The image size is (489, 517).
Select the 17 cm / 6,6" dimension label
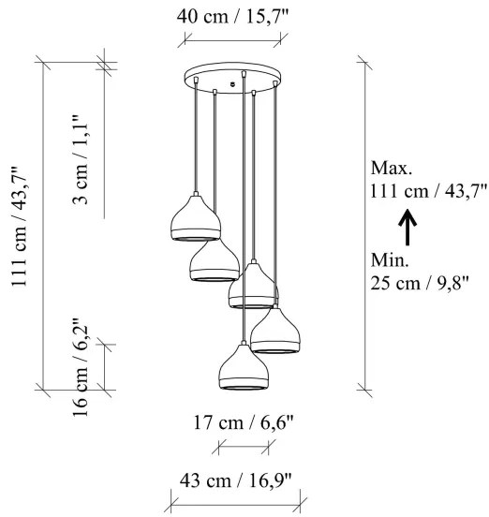(243, 422)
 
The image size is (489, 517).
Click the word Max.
(391, 170)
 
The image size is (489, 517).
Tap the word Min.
(390, 258)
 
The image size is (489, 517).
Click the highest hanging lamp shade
(196, 219)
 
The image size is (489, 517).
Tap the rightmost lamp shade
(274, 331)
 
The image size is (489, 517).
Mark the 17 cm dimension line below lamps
(243, 448)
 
